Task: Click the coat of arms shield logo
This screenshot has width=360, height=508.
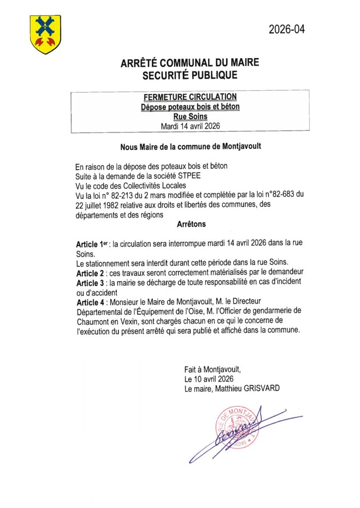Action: click(x=45, y=34)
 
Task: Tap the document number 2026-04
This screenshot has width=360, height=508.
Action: click(x=287, y=29)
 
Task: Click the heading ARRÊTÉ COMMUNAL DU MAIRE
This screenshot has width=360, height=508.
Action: click(x=190, y=63)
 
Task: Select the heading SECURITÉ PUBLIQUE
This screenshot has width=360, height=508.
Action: click(x=190, y=75)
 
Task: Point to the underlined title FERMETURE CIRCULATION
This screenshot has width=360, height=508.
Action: click(x=190, y=97)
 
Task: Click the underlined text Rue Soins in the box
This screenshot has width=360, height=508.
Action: click(x=190, y=117)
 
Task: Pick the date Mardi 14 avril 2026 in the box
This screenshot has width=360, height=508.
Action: click(x=190, y=126)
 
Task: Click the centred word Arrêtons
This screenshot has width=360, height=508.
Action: click(x=191, y=224)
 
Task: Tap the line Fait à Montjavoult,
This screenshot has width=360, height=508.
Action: click(x=212, y=370)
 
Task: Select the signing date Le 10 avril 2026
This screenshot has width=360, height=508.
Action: click(x=209, y=379)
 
